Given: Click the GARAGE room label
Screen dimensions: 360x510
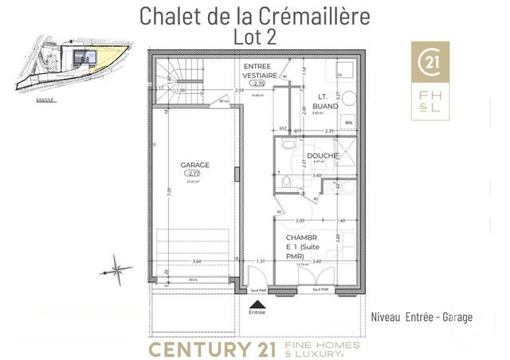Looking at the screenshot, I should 195,166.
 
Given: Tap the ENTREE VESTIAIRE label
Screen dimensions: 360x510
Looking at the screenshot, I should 257,72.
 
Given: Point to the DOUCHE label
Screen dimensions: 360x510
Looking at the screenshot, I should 321,156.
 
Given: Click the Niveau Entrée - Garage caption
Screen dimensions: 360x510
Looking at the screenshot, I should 422,317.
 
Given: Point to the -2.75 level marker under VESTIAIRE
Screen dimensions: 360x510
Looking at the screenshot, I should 257,83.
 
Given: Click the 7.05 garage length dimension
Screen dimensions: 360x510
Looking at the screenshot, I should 168,191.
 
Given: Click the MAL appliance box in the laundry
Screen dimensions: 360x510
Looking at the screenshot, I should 349,122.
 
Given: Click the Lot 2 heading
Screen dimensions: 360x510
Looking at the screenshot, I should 255,36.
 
